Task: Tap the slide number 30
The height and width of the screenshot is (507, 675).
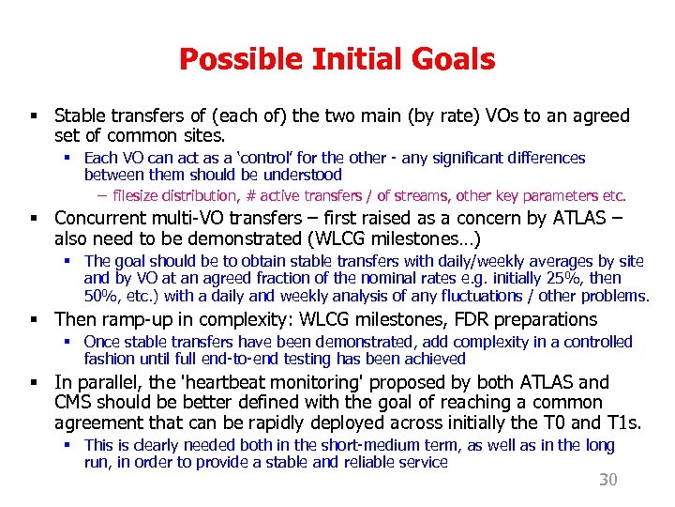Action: [x=608, y=480]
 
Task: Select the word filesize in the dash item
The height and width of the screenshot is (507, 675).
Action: [x=137, y=196]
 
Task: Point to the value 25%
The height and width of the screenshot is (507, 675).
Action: [x=562, y=279]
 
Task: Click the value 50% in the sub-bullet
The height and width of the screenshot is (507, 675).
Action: [x=102, y=297]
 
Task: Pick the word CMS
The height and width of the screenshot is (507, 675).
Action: [x=77, y=403]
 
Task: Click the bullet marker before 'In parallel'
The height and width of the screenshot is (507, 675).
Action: [x=32, y=383]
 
